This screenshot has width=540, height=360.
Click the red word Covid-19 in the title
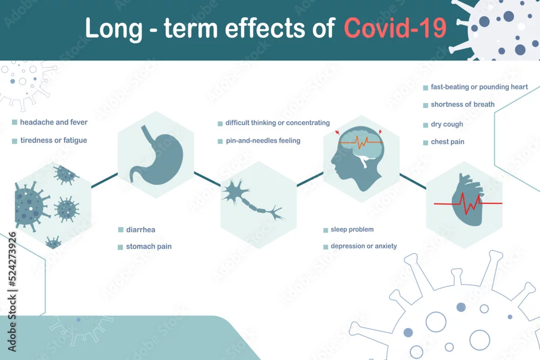pyautogui.click(x=395, y=28)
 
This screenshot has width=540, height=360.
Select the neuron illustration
pyautogui.click(x=253, y=199)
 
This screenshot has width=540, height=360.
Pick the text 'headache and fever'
pyautogui.click(x=53, y=122)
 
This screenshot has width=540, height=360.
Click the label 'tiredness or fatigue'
pyautogui.click(x=53, y=140)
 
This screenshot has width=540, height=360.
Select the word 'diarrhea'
pyautogui.click(x=140, y=229)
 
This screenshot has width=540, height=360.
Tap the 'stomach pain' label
pyautogui.click(x=149, y=247)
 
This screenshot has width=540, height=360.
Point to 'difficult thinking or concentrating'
pyautogui.click(x=278, y=123)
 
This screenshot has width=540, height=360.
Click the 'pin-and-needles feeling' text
pyautogui.click(x=263, y=140)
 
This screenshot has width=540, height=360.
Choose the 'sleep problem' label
pyautogui.click(x=352, y=229)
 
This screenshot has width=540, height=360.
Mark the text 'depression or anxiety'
pyautogui.click(x=363, y=246)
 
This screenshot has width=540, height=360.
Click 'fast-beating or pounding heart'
pyautogui.click(x=480, y=87)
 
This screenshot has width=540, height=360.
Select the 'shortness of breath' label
pyautogui.click(x=463, y=104)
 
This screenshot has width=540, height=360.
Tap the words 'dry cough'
pyautogui.click(x=447, y=124)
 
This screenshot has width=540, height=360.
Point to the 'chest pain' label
pyautogui.click(x=447, y=142)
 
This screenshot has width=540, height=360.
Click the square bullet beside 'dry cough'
pyautogui.click(x=426, y=125)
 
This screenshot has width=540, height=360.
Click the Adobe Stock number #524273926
pyautogui.click(x=12, y=259)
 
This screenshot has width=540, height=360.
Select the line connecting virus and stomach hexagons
pyautogui.click(x=104, y=181)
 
